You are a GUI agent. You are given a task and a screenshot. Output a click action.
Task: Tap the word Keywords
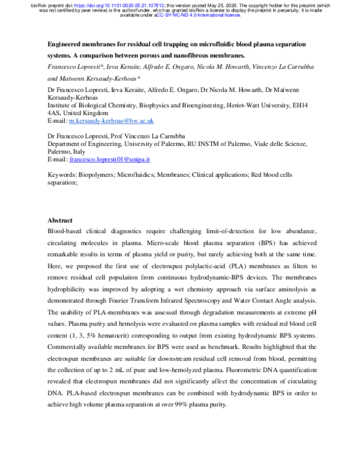point(64,174)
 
